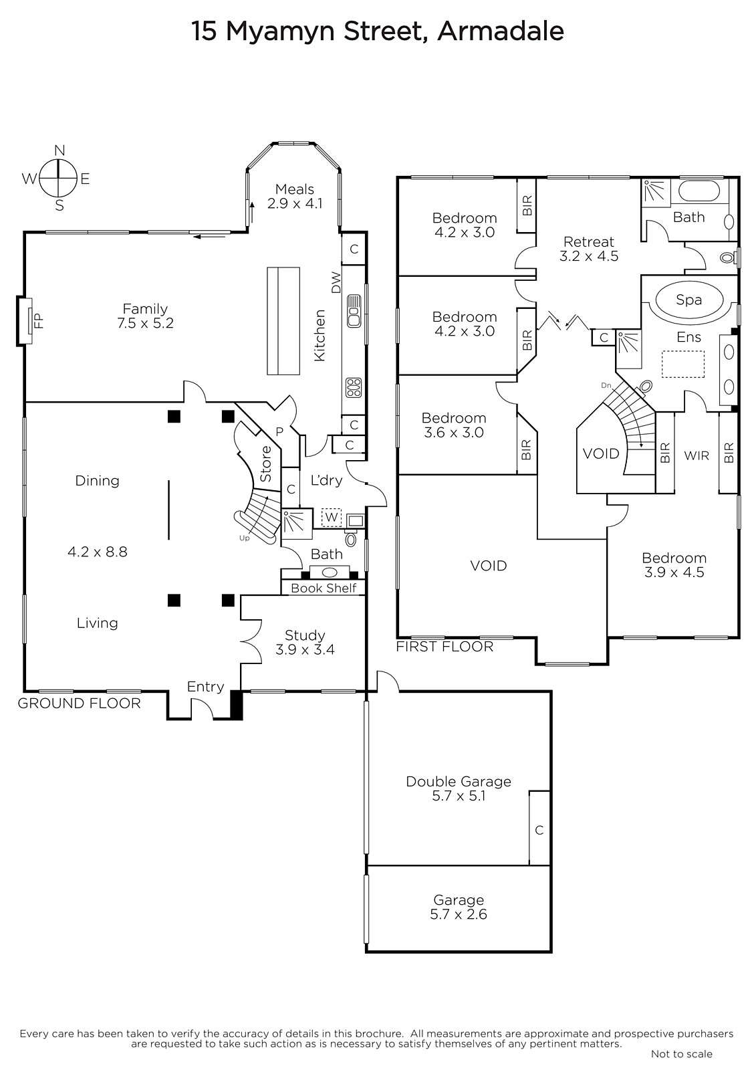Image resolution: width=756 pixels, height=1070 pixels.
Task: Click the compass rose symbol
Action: coord(58,178)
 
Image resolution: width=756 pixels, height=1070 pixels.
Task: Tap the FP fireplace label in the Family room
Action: coord(39,320)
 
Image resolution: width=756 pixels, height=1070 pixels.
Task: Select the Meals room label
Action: coord(295,197)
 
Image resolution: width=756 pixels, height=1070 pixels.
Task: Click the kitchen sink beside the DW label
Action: coord(354,311)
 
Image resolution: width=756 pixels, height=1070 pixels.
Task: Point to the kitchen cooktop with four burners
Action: coord(354,387)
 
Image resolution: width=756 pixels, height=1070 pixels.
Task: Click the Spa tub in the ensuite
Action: coord(688,300)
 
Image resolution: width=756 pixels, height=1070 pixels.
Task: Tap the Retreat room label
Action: coord(589,249)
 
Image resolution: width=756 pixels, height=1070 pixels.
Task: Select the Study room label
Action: coord(305,642)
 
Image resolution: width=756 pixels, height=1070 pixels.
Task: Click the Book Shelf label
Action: coord(324,588)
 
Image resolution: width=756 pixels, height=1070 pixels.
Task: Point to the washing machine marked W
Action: coord(332,517)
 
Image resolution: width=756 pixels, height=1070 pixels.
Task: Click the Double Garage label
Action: coord(459,788)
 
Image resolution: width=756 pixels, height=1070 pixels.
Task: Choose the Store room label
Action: coord(266,463)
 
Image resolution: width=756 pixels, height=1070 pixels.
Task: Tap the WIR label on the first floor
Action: coord(697,455)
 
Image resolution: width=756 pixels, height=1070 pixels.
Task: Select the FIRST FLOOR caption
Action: coord(445,647)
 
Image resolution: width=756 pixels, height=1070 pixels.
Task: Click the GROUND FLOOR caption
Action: coord(80,703)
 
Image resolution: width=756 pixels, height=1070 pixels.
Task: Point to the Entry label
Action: coord(205,686)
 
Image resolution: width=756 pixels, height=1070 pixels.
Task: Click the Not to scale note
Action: coord(682,1054)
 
